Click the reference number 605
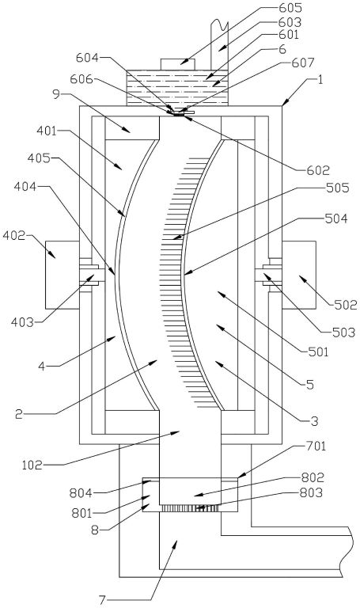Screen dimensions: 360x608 pyautogui.click(x=292, y=8)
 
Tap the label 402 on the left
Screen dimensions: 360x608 pyautogui.click(x=14, y=235)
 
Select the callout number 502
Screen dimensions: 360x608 pyautogui.click(x=346, y=305)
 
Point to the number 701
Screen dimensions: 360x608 pyautogui.click(x=316, y=446)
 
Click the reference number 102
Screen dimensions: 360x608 pyautogui.click(x=32, y=465)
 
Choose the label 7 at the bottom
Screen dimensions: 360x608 pyautogui.click(x=102, y=600)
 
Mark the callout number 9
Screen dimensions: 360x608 pyautogui.click(x=57, y=94)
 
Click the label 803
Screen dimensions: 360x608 pyautogui.click(x=312, y=492)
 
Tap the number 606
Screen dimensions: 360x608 pyautogui.click(x=81, y=79)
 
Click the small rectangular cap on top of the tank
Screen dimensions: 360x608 pyautogui.click(x=178, y=64)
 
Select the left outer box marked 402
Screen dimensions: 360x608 pyautogui.click(x=63, y=275)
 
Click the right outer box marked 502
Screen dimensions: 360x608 pyautogui.click(x=299, y=275)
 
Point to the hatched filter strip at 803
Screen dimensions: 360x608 pyautogui.click(x=190, y=508)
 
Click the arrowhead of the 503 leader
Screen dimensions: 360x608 pyautogui.click(x=266, y=275)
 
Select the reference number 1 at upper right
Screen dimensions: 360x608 pyautogui.click(x=320, y=81)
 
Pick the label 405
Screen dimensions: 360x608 pyautogui.click(x=39, y=158)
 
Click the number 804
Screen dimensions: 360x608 pyautogui.click(x=81, y=493)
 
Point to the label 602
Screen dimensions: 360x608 pyautogui.click(x=319, y=170)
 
